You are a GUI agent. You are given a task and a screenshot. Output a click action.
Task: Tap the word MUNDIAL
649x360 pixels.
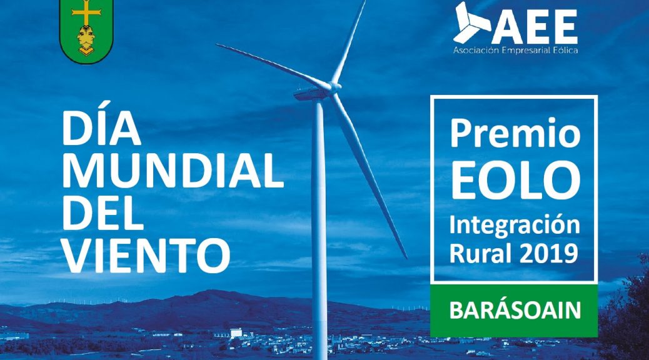(173, 171)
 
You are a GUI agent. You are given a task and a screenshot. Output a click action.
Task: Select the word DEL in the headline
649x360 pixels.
(103, 212)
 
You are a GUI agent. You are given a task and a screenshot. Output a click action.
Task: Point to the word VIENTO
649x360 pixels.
(146, 255)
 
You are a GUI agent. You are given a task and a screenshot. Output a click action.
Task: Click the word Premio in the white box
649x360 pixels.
(515, 133)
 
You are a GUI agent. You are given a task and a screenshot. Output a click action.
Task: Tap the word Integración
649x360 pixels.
(515, 226)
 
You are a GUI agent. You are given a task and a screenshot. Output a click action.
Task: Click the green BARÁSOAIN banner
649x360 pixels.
(514, 311)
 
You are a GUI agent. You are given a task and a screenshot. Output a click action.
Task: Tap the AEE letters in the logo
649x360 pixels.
(535, 27)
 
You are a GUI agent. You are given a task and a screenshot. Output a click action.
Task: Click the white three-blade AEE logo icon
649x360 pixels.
(471, 22)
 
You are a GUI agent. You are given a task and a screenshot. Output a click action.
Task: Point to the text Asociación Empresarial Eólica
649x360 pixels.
(515, 51)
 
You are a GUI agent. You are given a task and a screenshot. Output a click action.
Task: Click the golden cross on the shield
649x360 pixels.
(86, 12)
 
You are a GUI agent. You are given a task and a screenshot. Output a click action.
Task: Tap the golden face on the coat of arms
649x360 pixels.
(86, 39)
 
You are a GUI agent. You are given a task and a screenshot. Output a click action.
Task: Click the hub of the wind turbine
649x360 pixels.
(335, 87)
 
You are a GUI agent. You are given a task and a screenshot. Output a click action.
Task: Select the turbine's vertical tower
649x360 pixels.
(319, 227)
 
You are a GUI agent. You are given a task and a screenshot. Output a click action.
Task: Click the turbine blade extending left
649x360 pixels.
(273, 66)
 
